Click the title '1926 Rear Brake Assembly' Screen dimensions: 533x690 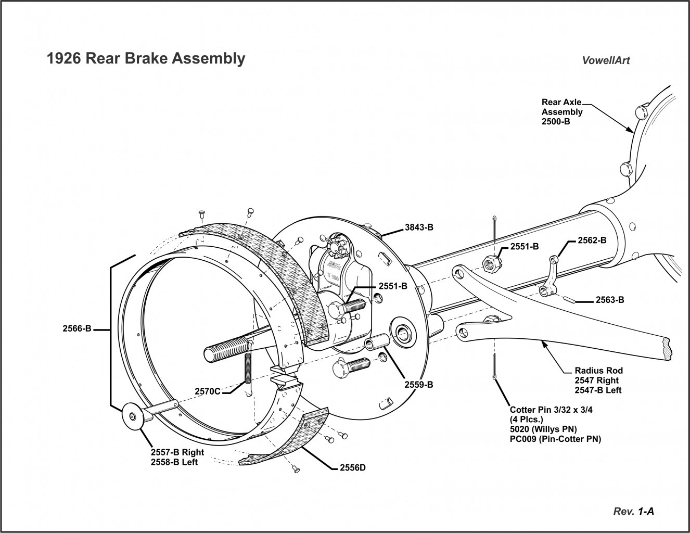pos(146,58)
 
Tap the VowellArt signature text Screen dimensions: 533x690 pos(606,60)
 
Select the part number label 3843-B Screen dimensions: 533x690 pos(419,227)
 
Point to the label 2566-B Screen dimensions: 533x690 pos(76,328)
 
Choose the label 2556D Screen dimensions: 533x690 pos(352,467)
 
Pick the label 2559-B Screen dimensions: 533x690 pos(419,385)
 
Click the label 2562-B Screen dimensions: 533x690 pos(592,241)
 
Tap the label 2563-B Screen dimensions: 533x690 pos(610,300)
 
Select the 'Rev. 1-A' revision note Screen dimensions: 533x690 pos(634,511)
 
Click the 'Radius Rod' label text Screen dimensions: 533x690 pos(598,371)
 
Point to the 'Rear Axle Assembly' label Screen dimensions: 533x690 pos(562,111)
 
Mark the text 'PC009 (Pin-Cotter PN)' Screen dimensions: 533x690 pos(555,439)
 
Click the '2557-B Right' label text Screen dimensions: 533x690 pos(177,452)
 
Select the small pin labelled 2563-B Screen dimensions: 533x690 pos(571,299)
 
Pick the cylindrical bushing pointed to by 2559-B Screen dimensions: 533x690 pos(375,345)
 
